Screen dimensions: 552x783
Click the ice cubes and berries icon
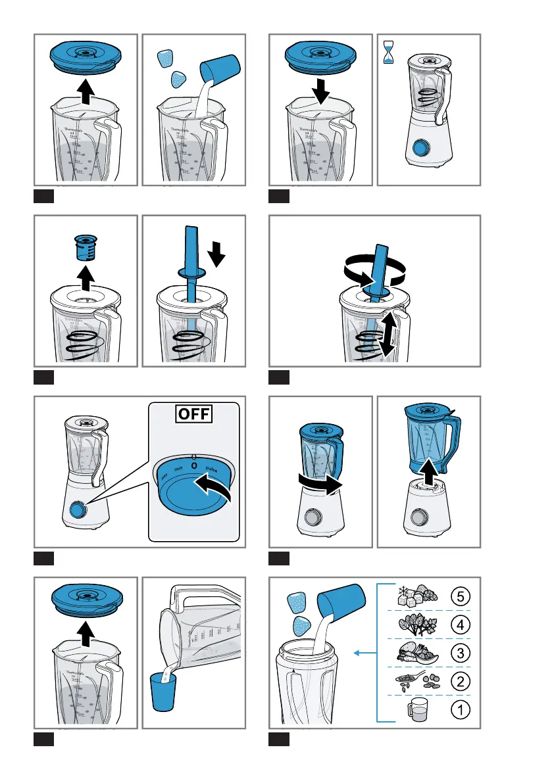tap(412, 596)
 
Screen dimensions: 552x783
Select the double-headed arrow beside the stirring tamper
tap(389, 335)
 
